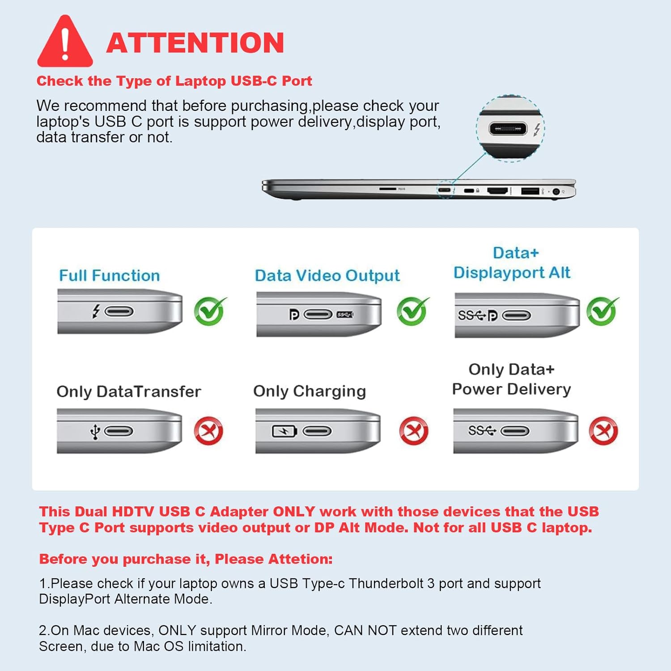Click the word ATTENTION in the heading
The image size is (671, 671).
coord(195,43)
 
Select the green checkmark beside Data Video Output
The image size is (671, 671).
coord(412,311)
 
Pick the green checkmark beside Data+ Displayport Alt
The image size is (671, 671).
coord(602,311)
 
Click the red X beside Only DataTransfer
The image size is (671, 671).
coord(208,431)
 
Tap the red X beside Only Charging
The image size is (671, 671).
coord(413,431)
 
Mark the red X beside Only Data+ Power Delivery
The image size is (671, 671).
coord(603,431)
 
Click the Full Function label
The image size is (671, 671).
coord(110,276)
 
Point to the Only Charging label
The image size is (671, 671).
coord(310,391)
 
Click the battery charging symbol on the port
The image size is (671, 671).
coord(285,431)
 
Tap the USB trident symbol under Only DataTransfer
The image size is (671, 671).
coord(95,432)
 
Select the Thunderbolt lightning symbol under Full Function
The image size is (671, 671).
coord(96,311)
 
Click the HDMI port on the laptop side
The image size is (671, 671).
coord(497,191)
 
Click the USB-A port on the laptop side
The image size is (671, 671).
coord(530,191)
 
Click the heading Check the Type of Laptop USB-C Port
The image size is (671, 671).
coord(174,81)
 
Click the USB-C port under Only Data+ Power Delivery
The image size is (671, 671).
coord(515,431)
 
